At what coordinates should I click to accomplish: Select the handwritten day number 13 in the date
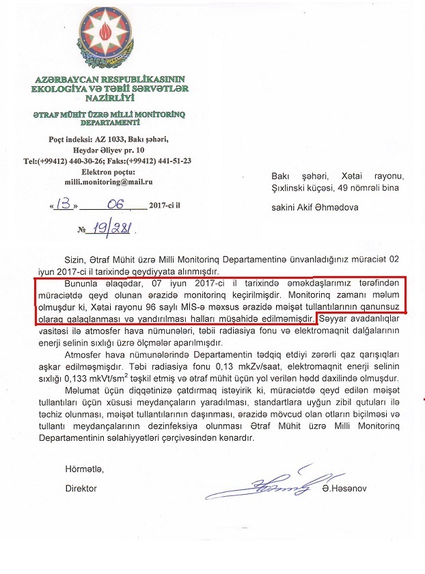pyautogui.click(x=64, y=204)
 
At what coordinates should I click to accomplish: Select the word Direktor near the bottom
pyautogui.click(x=81, y=489)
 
